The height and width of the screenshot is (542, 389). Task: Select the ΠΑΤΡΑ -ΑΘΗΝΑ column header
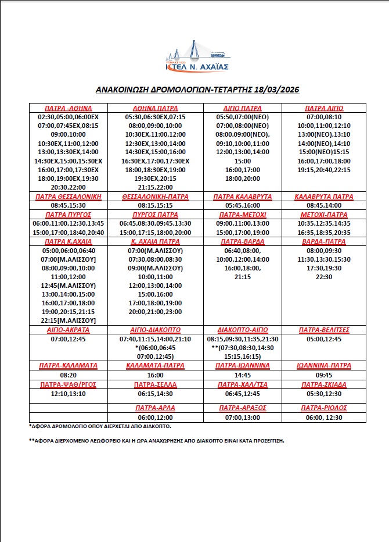click(x=68, y=109)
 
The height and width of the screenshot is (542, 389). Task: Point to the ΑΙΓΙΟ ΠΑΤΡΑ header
click(x=243, y=109)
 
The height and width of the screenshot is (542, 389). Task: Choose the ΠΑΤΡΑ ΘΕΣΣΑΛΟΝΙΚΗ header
click(x=68, y=197)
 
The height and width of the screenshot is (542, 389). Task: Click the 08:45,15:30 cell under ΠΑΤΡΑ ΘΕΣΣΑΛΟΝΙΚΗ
click(x=68, y=205)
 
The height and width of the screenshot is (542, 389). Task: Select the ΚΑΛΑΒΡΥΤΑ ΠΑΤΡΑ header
click(x=324, y=197)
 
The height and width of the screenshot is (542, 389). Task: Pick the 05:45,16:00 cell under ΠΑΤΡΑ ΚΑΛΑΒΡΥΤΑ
click(x=243, y=205)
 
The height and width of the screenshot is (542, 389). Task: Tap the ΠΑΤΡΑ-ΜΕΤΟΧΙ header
click(x=243, y=215)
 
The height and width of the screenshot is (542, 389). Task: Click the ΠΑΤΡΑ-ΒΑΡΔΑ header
click(x=243, y=241)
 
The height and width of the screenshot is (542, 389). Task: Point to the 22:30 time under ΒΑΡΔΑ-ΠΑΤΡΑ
click(x=324, y=277)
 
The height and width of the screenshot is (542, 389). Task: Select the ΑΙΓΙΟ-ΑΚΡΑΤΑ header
click(x=68, y=330)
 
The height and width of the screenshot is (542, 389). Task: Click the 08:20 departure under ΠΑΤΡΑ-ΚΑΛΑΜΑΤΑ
click(x=68, y=376)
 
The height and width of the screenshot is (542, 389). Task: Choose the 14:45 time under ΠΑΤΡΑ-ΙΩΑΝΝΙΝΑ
click(x=243, y=376)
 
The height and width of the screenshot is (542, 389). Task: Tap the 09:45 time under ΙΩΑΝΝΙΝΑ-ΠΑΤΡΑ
click(x=324, y=376)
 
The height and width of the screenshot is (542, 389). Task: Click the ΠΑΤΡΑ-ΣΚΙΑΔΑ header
click(x=324, y=385)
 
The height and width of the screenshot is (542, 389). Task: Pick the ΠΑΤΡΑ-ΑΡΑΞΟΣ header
click(x=243, y=408)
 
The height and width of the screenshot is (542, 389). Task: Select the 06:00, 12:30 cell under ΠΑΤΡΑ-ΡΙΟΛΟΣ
click(x=324, y=418)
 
